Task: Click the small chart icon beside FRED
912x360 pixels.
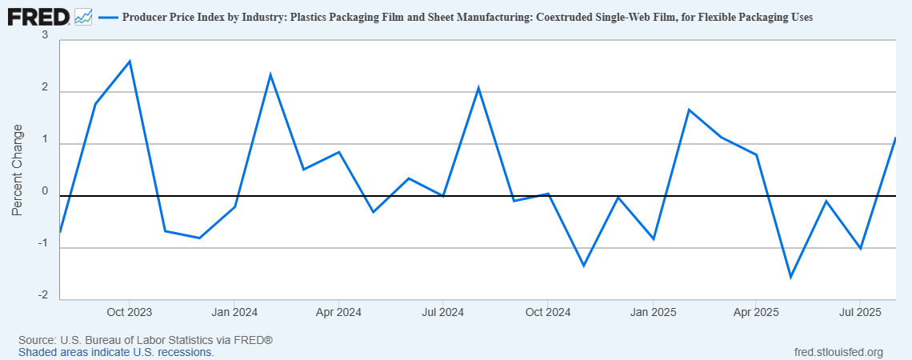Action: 83,16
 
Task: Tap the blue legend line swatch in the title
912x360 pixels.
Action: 107,17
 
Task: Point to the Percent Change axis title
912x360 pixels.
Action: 18,170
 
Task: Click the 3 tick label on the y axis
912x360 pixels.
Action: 45,36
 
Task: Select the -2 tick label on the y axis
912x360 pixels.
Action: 42,296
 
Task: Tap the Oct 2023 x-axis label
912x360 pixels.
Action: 130,311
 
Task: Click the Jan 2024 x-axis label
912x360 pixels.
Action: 234,311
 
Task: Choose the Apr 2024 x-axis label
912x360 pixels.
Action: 338,311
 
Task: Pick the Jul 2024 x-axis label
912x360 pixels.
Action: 442,311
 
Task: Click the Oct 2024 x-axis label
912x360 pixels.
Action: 547,311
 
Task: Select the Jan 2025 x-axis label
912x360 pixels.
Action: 653,311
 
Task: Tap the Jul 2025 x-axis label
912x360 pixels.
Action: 859,311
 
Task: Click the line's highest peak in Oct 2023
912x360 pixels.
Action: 130,61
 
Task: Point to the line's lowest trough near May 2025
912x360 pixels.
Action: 790,277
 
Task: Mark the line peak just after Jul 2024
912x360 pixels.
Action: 478,87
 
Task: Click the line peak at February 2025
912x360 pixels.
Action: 689,110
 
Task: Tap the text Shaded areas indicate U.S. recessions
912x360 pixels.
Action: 116,352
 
